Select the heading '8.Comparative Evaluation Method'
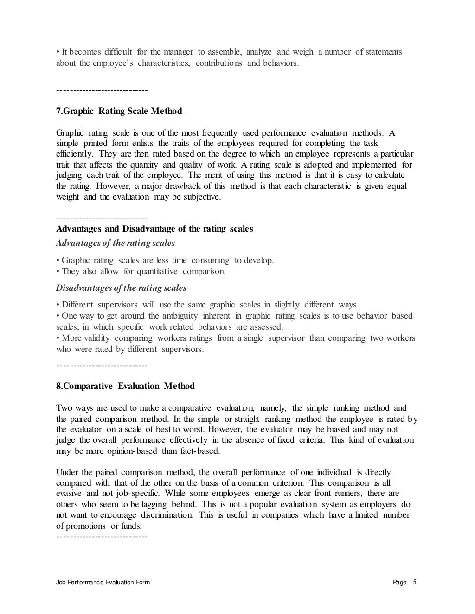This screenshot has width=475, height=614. click(x=125, y=386)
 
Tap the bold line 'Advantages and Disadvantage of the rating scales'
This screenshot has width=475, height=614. click(x=154, y=229)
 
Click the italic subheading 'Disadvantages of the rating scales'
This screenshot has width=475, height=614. click(x=121, y=288)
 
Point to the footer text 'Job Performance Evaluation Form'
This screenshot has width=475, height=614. click(x=103, y=583)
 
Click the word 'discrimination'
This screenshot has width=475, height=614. click(x=167, y=515)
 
